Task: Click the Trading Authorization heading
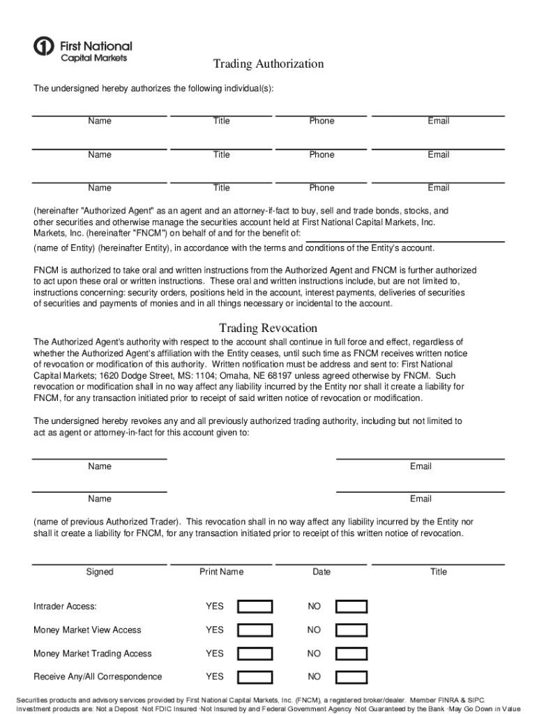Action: point(268,64)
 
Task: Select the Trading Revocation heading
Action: point(268,328)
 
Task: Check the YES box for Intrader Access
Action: point(255,607)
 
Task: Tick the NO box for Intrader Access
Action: point(351,607)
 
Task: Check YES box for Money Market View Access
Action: point(255,630)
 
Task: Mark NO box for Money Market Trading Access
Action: point(351,654)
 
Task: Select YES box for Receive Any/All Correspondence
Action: point(255,677)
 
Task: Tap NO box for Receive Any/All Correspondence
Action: point(351,677)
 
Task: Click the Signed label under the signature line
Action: point(100,572)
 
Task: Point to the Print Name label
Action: point(221,572)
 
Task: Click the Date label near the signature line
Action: point(322,572)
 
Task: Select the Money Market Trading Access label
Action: point(93,653)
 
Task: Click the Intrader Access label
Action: point(65,607)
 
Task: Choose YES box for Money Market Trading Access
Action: point(255,654)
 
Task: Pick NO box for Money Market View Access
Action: point(351,630)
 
